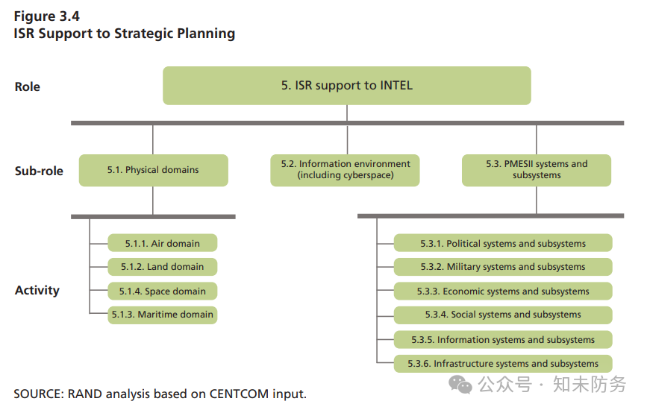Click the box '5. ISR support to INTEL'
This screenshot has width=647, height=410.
coord(346,86)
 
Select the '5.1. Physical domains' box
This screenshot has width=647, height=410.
coord(153,170)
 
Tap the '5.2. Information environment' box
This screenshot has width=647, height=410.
coord(345,170)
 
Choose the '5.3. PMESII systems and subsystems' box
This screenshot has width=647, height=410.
coord(537,170)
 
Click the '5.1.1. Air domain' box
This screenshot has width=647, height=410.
coord(162,243)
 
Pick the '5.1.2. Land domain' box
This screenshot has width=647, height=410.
coord(162,267)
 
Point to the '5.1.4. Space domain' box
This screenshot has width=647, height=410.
coord(162,291)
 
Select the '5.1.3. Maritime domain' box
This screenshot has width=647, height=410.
coord(162,315)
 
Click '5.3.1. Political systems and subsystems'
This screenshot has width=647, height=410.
coord(503,243)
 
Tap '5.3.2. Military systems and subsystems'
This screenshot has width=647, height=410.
coord(503,267)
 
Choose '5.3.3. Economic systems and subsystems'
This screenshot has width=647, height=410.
coord(503,291)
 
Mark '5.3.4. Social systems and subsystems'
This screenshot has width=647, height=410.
coord(503,315)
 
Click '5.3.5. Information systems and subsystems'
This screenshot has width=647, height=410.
coord(503,339)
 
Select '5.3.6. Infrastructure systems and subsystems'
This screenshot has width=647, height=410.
coord(503,364)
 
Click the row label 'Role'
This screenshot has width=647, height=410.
coord(27,87)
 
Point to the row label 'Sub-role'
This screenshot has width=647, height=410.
coord(39,171)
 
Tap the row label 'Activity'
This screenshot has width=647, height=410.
coord(37,291)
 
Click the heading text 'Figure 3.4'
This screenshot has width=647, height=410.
coord(46,16)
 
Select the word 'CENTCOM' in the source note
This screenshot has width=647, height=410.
coord(239,394)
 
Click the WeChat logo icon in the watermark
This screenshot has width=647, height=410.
coord(460,385)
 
